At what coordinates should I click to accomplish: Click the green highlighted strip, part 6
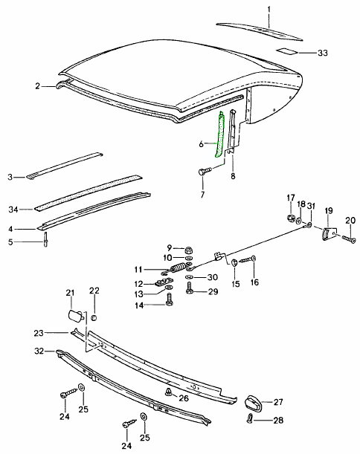click(219, 134)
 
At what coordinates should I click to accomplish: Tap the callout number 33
click(322, 53)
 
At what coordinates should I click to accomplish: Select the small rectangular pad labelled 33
click(286, 51)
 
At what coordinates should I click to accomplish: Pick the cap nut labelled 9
click(189, 250)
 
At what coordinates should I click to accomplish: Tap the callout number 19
click(329, 210)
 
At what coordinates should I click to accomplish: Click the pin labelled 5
click(46, 239)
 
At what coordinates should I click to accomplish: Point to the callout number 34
click(13, 210)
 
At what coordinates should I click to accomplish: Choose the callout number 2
click(37, 86)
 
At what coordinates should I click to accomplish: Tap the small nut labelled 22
click(94, 318)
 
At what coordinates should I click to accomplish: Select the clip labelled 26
click(167, 392)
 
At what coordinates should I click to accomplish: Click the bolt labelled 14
click(169, 299)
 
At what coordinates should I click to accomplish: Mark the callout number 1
click(269, 10)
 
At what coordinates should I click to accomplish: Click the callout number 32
click(39, 351)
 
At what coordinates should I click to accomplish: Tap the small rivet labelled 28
click(250, 418)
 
